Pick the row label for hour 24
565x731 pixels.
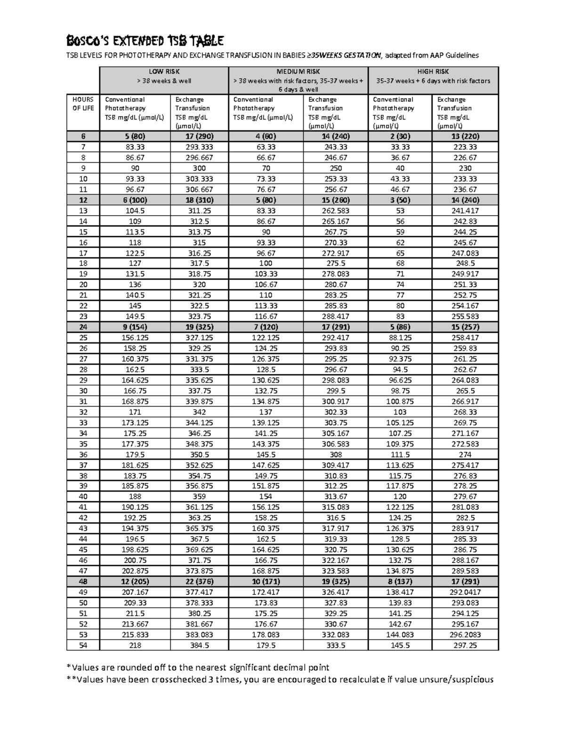(x=83, y=327)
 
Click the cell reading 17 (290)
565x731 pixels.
(x=199, y=136)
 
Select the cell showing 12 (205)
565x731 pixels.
(x=135, y=581)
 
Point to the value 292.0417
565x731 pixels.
(x=465, y=592)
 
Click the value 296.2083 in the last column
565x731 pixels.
(x=465, y=635)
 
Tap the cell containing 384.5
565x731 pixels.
(x=199, y=645)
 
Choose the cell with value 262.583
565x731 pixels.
(x=336, y=210)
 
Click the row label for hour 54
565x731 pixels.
(x=83, y=645)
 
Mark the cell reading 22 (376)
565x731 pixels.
(x=199, y=581)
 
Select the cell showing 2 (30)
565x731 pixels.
(x=400, y=136)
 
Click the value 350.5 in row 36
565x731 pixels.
(x=199, y=455)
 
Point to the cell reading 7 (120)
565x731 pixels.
(x=266, y=327)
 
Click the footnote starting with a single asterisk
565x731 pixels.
(x=198, y=667)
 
